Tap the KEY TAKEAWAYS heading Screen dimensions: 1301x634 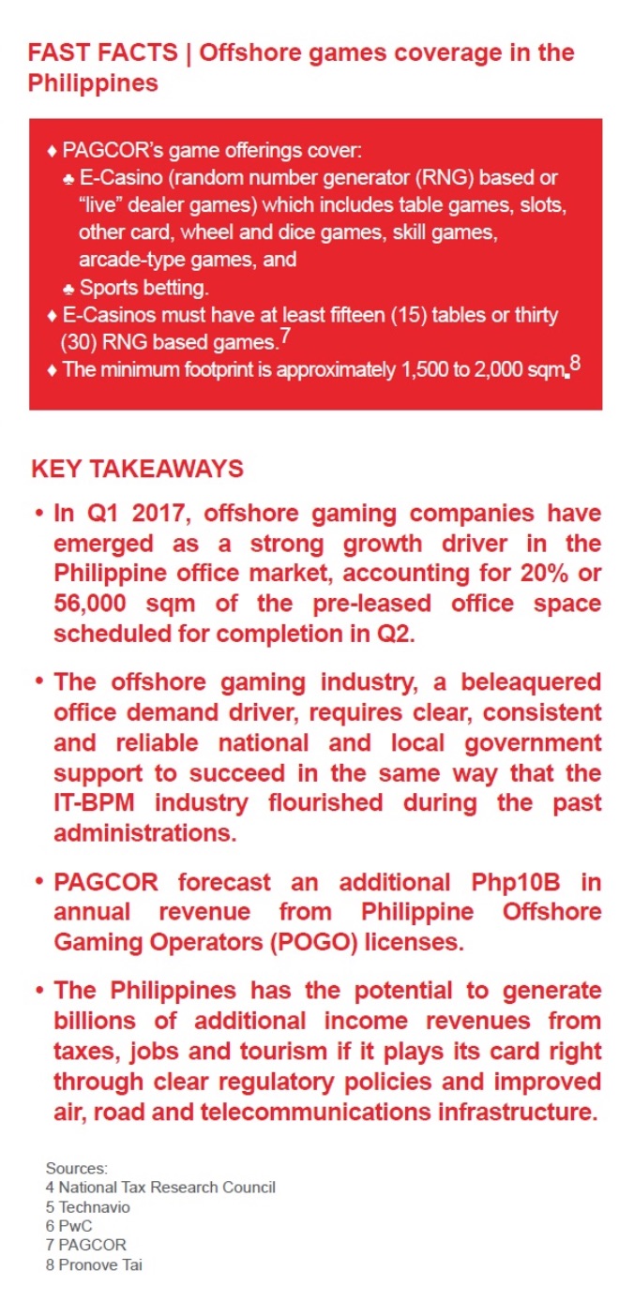point(137,470)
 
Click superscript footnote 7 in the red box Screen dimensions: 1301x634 point(284,333)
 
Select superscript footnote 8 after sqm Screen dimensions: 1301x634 point(575,364)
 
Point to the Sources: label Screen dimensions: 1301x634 point(77,1169)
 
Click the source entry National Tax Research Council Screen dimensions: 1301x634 point(160,1188)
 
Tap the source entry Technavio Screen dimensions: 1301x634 point(88,1207)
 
